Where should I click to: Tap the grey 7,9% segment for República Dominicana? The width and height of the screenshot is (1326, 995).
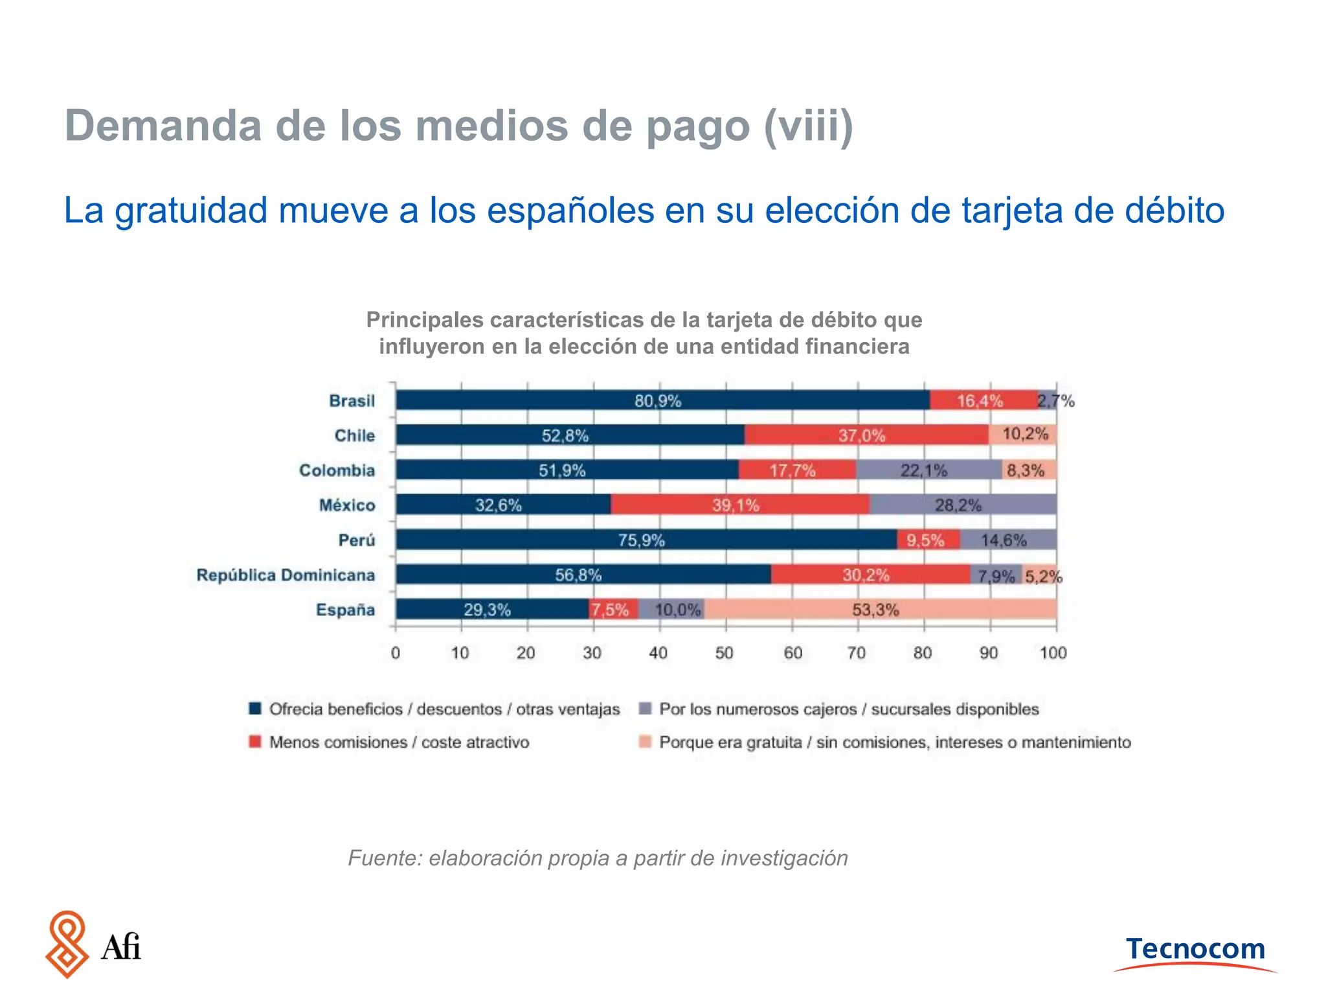(x=996, y=575)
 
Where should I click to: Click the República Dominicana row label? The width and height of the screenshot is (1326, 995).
(x=286, y=575)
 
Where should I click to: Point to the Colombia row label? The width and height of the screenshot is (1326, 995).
(x=337, y=470)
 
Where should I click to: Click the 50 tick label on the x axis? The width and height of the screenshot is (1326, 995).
(x=724, y=653)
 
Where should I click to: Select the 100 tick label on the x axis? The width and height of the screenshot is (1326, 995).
(x=1053, y=653)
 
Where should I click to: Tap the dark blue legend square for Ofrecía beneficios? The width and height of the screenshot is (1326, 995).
(x=255, y=709)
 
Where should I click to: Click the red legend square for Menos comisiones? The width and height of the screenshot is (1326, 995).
(x=255, y=742)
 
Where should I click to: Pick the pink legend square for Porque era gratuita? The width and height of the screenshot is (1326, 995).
(x=645, y=742)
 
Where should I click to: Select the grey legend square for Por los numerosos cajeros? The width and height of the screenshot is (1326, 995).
(x=645, y=709)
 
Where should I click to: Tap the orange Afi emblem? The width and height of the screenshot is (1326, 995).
(x=67, y=944)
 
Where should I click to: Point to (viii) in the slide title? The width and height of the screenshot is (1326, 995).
(x=809, y=126)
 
